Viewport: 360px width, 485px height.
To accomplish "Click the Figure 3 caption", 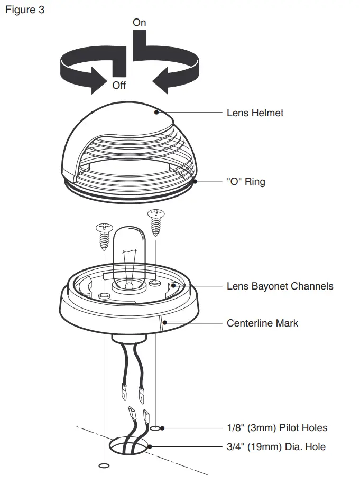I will click(25, 10).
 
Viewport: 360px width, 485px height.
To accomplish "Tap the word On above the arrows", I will click(140, 23).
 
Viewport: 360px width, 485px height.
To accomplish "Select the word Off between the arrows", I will click(119, 85).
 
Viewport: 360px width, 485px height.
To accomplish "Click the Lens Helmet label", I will click(255, 113).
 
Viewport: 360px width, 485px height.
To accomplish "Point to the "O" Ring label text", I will click(246, 182).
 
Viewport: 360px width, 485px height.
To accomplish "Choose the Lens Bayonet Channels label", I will click(280, 286).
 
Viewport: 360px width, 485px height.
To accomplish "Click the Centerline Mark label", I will click(262, 322).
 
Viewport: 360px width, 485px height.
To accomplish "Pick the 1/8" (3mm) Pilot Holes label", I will click(277, 427).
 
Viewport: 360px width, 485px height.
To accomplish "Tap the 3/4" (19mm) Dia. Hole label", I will click(276, 447).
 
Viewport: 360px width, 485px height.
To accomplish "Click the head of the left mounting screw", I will click(104, 228).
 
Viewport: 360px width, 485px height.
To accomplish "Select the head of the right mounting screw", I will click(155, 213).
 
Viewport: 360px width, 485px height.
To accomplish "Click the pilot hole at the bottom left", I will click(104, 465).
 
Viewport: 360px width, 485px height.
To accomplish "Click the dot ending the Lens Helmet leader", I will click(157, 112).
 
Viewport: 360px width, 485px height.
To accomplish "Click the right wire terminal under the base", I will click(141, 394).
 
